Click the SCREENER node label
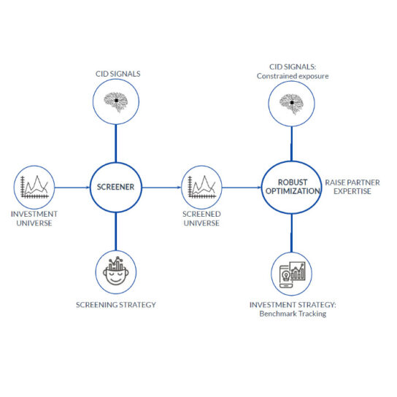click(x=115, y=187)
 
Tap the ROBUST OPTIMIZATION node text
click(x=293, y=187)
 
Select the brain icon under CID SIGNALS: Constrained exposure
click(x=291, y=104)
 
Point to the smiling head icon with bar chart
click(x=116, y=271)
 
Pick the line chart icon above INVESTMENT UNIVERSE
click(x=34, y=187)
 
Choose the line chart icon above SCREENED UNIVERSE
click(x=202, y=187)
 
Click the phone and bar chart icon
click(x=292, y=275)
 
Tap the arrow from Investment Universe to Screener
click(x=72, y=188)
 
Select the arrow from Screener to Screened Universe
click(x=161, y=188)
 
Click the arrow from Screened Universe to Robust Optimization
click(x=242, y=188)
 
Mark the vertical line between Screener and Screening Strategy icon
click(x=116, y=231)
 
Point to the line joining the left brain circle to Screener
click(x=116, y=143)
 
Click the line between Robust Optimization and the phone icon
click(x=291, y=233)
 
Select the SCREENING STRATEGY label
click(x=116, y=305)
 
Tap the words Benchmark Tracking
click(x=293, y=314)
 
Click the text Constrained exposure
click(x=293, y=76)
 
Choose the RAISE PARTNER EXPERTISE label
click(x=352, y=187)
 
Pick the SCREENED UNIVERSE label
click(x=202, y=218)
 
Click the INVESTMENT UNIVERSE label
click(x=34, y=218)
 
